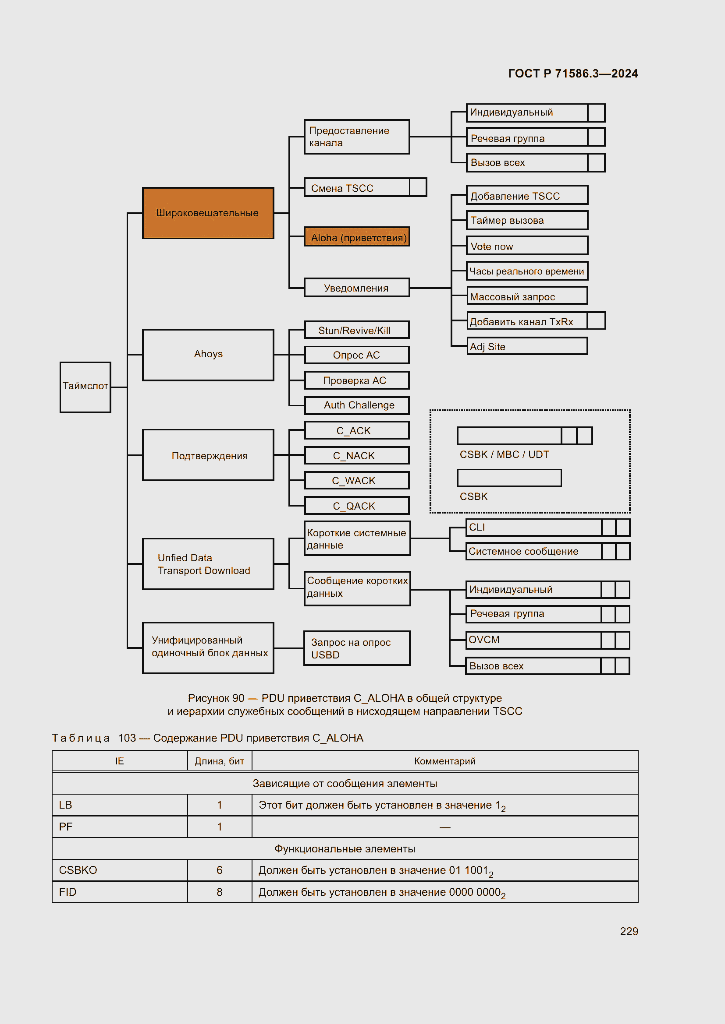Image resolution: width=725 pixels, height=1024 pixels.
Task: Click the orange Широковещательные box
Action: point(208,213)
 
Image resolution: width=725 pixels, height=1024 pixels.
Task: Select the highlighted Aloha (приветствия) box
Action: point(357,237)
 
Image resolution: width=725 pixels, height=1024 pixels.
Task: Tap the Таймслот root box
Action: point(85,387)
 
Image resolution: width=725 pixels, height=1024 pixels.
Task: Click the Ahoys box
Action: point(208,355)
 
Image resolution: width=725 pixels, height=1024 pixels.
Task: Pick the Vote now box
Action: point(527,246)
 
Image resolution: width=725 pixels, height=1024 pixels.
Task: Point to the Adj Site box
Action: point(527,346)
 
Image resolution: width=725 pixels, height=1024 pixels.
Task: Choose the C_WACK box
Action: point(356,480)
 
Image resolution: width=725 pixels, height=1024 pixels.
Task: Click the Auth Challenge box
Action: point(356,405)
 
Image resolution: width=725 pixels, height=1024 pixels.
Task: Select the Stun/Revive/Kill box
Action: point(356,330)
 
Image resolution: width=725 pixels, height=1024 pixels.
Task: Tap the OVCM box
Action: point(533,640)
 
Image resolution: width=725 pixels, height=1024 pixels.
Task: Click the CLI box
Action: point(533,527)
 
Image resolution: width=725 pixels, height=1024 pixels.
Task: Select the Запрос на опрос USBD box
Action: point(356,648)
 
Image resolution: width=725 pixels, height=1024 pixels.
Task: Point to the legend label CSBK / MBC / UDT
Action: point(504,454)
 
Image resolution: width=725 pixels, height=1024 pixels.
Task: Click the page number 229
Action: point(629,931)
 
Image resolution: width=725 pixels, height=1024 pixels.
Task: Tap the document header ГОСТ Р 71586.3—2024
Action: point(573,73)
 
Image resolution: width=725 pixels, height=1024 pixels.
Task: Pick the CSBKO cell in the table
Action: point(78,870)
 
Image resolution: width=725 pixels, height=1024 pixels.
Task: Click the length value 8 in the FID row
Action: point(219,892)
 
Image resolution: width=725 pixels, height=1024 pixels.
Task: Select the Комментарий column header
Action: point(444,761)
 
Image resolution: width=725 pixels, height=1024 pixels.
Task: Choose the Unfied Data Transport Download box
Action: point(208,564)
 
